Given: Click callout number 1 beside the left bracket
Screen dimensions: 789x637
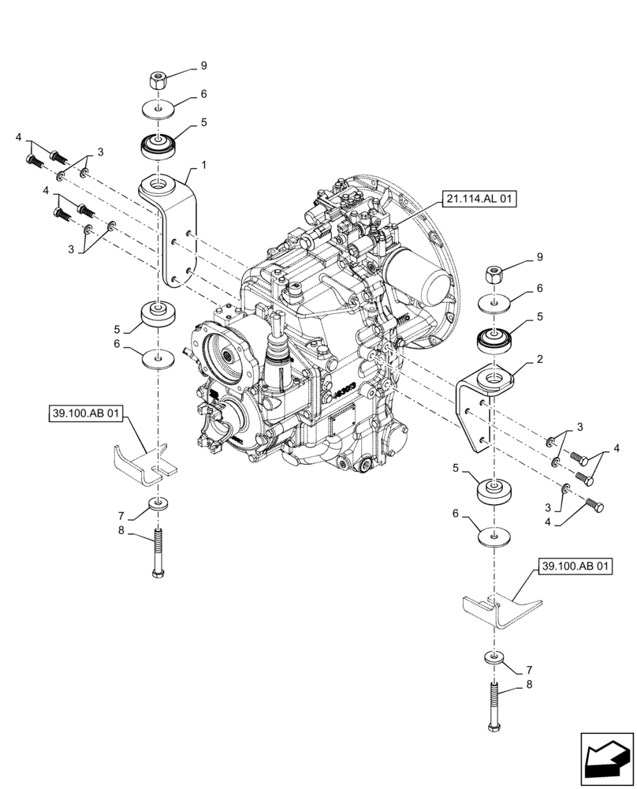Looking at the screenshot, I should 203,166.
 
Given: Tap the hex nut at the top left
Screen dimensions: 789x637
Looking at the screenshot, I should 156,79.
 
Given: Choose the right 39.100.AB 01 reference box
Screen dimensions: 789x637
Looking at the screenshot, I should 575,567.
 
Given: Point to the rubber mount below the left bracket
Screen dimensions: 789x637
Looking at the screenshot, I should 158,315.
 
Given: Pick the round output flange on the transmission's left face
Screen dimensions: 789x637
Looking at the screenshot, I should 228,356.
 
